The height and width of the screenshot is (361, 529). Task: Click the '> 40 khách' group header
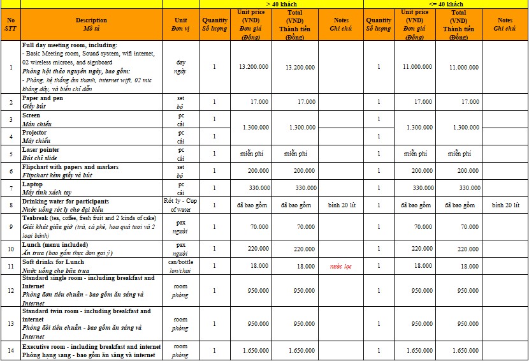pyautogui.click(x=281, y=4)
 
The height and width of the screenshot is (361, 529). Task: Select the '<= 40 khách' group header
pyautogui.click(x=446, y=4)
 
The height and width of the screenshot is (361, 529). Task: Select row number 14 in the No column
pyautogui.click(x=11, y=350)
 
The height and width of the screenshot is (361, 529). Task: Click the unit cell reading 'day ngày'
pyautogui.click(x=180, y=67)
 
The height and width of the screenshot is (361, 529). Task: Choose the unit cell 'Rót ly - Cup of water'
pyautogui.click(x=180, y=205)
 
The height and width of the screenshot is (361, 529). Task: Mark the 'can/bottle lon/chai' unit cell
pyautogui.click(x=180, y=266)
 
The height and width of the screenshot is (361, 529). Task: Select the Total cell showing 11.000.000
pyautogui.click(x=464, y=67)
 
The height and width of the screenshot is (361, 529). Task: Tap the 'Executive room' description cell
pyautogui.click(x=91, y=350)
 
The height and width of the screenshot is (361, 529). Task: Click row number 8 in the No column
pyautogui.click(x=11, y=205)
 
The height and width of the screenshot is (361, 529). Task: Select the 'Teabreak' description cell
pyautogui.click(x=91, y=226)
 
